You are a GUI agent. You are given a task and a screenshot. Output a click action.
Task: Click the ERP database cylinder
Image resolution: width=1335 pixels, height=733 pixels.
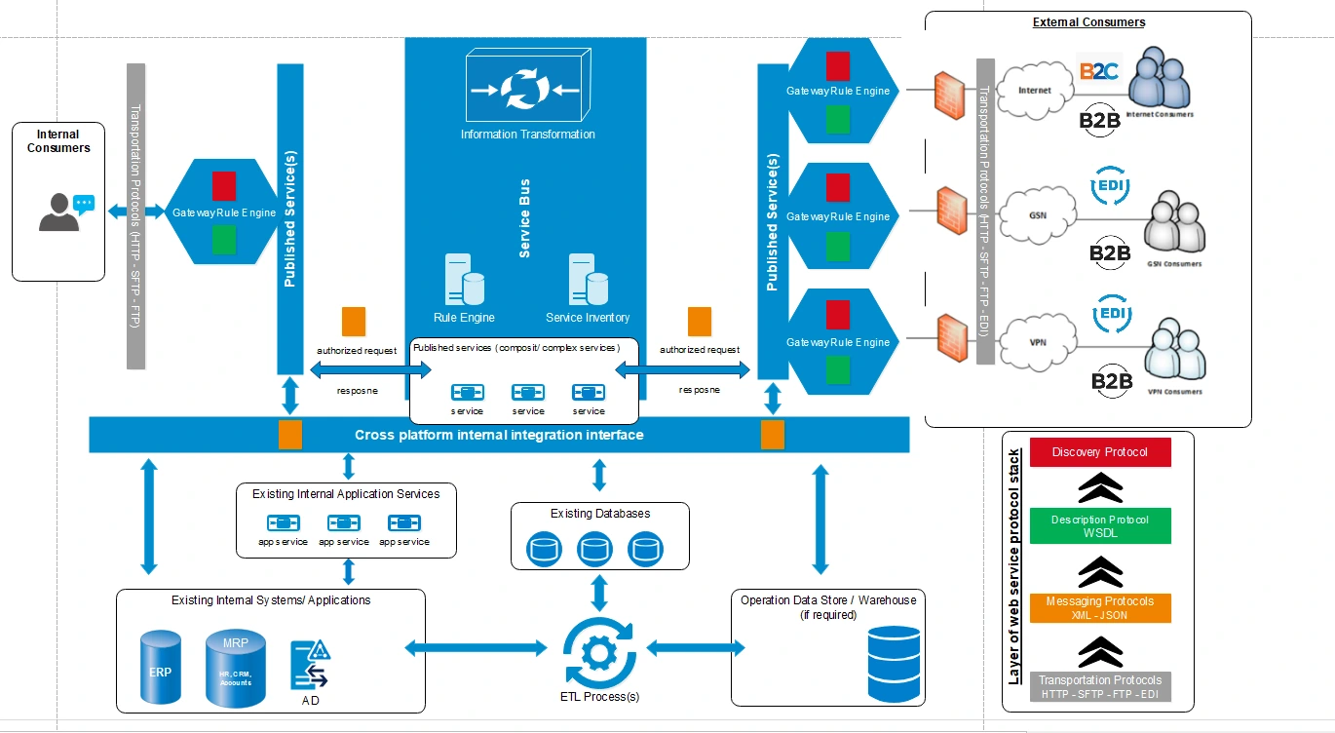(x=161, y=668)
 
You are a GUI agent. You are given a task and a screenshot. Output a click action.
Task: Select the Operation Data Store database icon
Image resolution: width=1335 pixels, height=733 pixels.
(x=893, y=664)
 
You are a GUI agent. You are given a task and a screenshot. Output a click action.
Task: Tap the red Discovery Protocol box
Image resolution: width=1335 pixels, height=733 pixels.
(x=1100, y=452)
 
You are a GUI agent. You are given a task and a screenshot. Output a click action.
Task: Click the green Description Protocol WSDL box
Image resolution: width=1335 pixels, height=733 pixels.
(x=1100, y=526)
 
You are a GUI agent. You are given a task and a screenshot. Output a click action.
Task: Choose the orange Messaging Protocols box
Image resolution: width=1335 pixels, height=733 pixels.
(x=1100, y=608)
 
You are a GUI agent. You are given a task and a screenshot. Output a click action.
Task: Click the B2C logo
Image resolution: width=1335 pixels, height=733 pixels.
(x=1098, y=70)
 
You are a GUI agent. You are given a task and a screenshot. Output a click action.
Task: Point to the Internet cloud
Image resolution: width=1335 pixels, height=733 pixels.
(x=1035, y=91)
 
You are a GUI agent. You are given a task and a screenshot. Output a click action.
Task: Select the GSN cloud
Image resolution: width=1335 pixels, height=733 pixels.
(x=1038, y=214)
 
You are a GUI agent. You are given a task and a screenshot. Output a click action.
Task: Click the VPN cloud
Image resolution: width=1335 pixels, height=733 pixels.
(x=1038, y=341)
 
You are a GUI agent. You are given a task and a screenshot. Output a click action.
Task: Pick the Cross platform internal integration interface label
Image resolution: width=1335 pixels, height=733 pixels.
(x=499, y=435)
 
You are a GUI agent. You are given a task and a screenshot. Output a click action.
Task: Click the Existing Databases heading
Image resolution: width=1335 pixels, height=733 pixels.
(x=600, y=513)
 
